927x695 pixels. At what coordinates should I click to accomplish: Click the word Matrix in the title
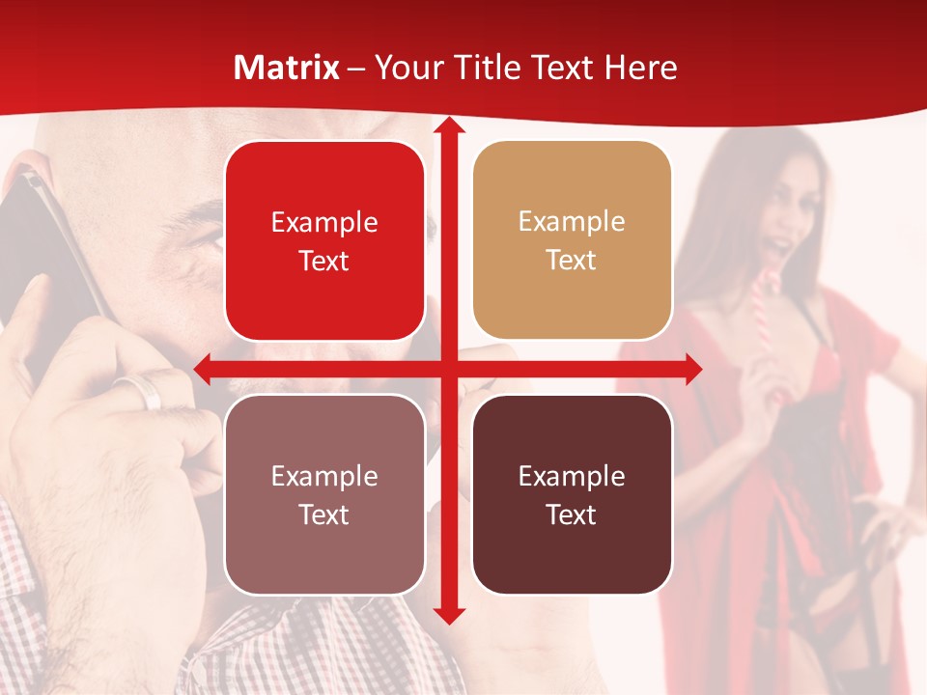287,68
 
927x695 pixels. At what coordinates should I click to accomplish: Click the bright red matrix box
324,240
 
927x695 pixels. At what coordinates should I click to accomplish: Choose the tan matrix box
572,240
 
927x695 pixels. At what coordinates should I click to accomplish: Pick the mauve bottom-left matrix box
324,494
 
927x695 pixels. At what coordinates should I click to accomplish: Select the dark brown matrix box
572,494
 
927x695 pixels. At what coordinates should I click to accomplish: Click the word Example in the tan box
572,222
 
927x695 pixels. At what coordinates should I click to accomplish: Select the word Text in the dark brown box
572,515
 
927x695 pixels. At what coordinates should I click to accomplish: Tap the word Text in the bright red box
324,261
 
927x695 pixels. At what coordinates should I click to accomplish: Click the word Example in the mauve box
324,476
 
